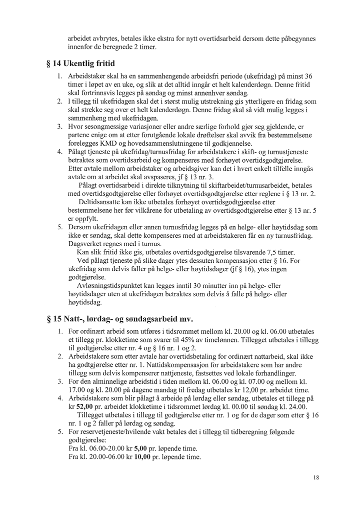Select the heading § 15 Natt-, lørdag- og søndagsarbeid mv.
click(x=118, y=319)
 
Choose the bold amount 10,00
click(x=143, y=457)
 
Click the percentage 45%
click(x=202, y=340)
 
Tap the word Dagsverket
click(x=85, y=244)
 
